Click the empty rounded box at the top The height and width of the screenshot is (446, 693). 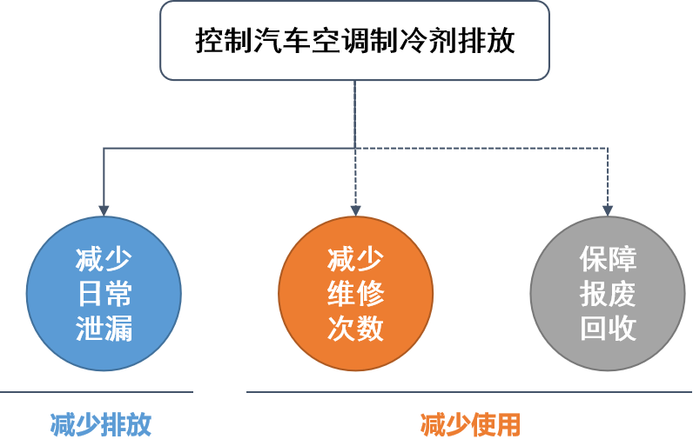(x=354, y=41)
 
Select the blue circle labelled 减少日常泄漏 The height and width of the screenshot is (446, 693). (x=104, y=294)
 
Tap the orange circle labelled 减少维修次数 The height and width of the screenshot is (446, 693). (x=355, y=294)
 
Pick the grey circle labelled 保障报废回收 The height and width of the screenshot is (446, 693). (x=608, y=294)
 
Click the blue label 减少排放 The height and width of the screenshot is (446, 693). (x=101, y=424)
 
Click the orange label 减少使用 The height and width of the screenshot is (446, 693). (x=470, y=424)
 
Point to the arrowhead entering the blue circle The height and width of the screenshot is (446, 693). (x=104, y=210)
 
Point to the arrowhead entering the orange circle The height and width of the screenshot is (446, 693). (x=355, y=210)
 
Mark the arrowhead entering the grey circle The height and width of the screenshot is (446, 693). (x=608, y=210)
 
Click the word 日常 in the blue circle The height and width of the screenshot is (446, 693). (x=104, y=294)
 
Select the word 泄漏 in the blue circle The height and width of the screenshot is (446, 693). (x=104, y=329)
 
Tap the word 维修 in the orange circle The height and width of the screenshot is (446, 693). (x=355, y=294)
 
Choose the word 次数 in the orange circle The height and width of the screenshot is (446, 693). (x=355, y=329)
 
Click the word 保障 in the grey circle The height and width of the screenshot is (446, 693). (x=608, y=259)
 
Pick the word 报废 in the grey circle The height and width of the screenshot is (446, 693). (x=608, y=294)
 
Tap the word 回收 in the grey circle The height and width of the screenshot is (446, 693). (x=608, y=329)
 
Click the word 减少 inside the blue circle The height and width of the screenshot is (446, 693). (x=104, y=259)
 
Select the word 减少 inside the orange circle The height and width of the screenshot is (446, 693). (x=355, y=259)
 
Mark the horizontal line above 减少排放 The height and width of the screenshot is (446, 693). (x=96, y=392)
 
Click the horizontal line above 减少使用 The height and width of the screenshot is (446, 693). (x=469, y=392)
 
